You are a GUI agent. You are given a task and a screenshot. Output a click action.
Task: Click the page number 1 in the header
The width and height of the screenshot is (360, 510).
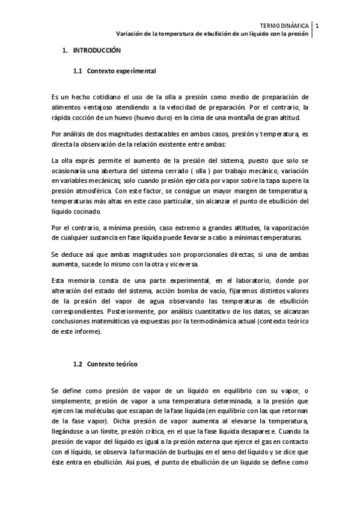coord(317,26)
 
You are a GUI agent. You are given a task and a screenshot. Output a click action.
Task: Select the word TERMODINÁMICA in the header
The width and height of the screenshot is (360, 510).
coord(285,26)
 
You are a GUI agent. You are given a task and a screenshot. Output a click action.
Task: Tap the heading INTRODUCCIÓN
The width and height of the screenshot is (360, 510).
coord(96,51)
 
